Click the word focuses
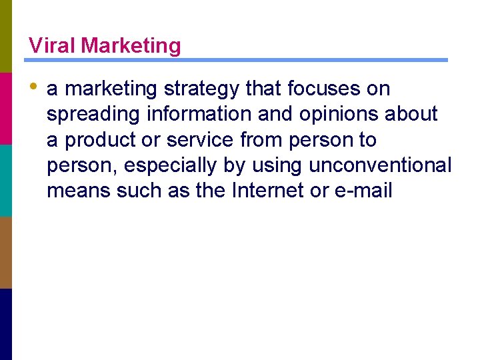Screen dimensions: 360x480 pyautogui.click(x=325, y=89)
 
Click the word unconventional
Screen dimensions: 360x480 pyautogui.click(x=380, y=165)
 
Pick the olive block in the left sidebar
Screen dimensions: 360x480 pyautogui.click(x=6, y=36)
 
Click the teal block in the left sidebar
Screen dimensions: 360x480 pyautogui.click(x=6, y=180)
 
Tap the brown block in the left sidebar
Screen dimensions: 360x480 pyautogui.click(x=6, y=252)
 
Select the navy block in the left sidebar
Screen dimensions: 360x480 pyautogui.click(x=6, y=324)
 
